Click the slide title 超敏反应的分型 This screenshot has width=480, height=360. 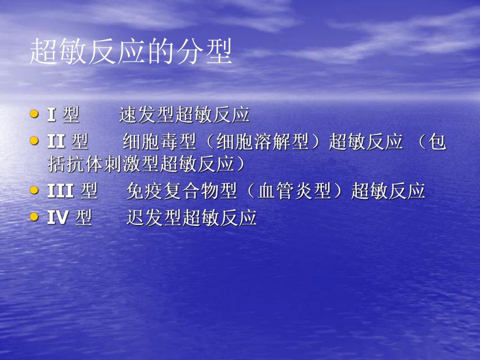pos(131,53)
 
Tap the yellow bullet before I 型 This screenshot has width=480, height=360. pos(34,113)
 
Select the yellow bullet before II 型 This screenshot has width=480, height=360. pos(34,140)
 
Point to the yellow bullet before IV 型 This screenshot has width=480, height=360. pos(34,217)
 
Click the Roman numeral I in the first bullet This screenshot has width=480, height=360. pos(52,115)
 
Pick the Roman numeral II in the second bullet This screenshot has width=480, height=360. pos(55,141)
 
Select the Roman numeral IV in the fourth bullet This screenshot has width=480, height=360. pos(57,218)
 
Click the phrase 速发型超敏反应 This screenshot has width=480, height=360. pos(184,115)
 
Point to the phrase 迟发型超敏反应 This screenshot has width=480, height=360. pos(191,218)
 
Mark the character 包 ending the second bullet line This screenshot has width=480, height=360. pos(439,141)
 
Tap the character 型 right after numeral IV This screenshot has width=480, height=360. pos(83,218)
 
